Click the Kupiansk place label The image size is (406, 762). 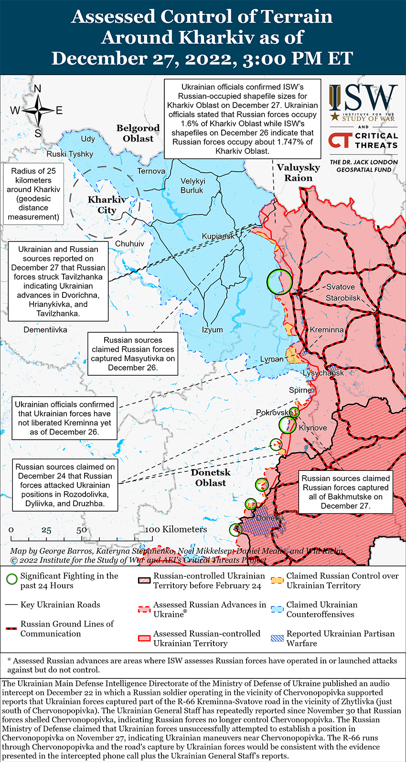[218, 236]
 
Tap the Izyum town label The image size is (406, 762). [212, 330]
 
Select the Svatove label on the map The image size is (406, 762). [340, 287]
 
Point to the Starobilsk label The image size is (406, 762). [343, 298]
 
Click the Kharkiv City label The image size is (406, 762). [107, 205]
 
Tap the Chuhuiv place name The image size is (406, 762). [129, 244]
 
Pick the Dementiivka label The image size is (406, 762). [45, 330]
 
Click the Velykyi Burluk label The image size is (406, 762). [192, 185]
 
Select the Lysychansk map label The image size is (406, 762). [323, 373]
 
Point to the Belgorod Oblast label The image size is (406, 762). [138, 133]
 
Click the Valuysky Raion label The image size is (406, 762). [298, 173]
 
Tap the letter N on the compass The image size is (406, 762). [37, 88]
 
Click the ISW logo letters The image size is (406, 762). [363, 99]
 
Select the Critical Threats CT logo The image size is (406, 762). [340, 141]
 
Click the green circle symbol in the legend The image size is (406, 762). [12, 580]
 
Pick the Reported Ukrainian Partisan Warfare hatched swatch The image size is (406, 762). [277, 638]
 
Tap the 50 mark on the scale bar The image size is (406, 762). [81, 530]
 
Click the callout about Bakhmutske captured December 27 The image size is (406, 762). [345, 492]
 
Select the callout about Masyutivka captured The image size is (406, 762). [133, 354]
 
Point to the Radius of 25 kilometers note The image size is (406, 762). [33, 194]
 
